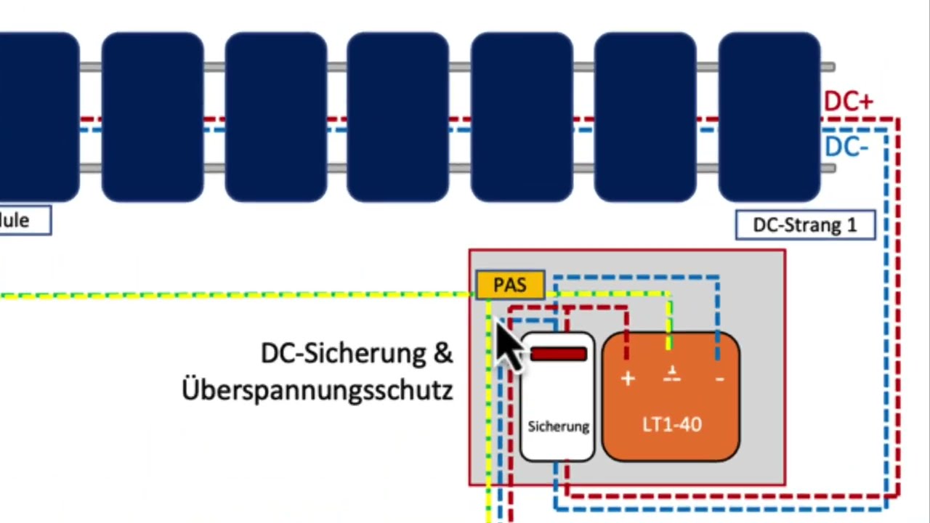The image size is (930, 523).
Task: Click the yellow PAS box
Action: pos(510,285)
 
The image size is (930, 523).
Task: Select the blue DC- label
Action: pos(846,147)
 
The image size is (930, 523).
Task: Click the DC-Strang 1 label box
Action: pos(805,225)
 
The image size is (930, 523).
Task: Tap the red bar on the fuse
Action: pos(558,354)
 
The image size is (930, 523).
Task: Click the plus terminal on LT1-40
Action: pos(628,378)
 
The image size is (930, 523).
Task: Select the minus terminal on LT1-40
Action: pos(719,378)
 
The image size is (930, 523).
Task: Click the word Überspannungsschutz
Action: pos(318,390)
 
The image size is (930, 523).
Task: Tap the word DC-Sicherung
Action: pos(344,354)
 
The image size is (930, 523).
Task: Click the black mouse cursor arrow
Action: pos(509,348)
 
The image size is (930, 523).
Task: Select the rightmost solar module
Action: pos(769,116)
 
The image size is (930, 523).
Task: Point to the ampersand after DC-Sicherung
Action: pos(442,354)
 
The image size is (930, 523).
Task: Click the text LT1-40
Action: pos(672,425)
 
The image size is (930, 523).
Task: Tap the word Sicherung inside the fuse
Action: pos(558,426)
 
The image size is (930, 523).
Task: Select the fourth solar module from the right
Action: pos(398,116)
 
